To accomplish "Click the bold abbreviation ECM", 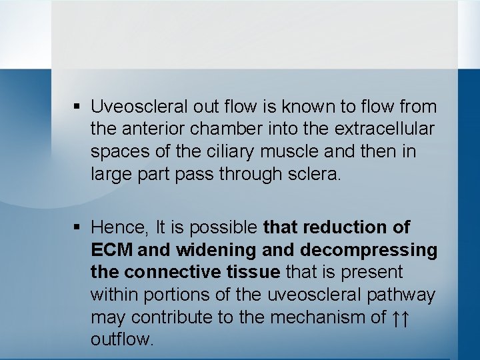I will click(112, 250).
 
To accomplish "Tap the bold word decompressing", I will click(369, 250).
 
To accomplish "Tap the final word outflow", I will click(121, 339).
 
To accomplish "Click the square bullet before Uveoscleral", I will click(77, 107).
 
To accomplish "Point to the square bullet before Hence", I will click(77, 228).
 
